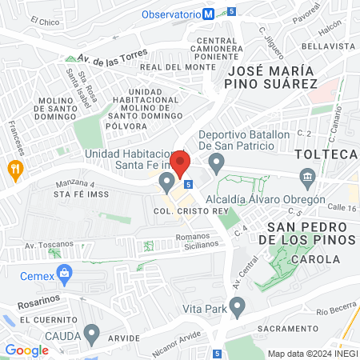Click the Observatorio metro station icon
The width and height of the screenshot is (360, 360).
[x=209, y=14]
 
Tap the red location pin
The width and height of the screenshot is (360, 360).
[x=180, y=164]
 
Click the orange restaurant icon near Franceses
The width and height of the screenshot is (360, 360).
[x=14, y=169]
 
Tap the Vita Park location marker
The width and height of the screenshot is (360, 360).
[x=237, y=306]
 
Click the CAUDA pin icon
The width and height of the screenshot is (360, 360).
[x=92, y=333]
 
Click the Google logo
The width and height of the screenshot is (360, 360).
[x=26, y=350]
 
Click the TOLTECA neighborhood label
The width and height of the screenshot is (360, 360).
[x=325, y=153]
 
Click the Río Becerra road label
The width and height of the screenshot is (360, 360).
[x=334, y=310]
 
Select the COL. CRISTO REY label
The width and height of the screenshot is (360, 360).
[x=186, y=211]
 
